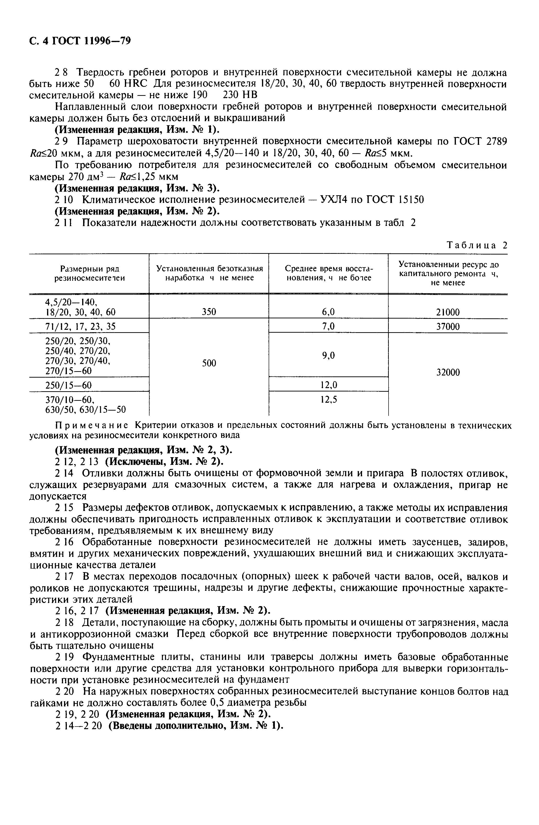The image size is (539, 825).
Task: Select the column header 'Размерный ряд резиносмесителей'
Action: point(89,273)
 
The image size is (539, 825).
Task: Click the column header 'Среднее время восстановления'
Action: point(328,273)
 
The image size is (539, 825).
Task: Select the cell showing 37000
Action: point(448,326)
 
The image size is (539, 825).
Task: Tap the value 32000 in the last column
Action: point(448,372)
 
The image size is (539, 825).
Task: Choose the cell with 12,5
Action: point(328,400)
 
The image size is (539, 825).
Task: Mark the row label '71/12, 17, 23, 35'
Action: point(80,326)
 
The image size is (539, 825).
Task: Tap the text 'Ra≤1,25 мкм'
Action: point(149,177)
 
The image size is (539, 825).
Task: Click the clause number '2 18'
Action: point(64,623)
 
